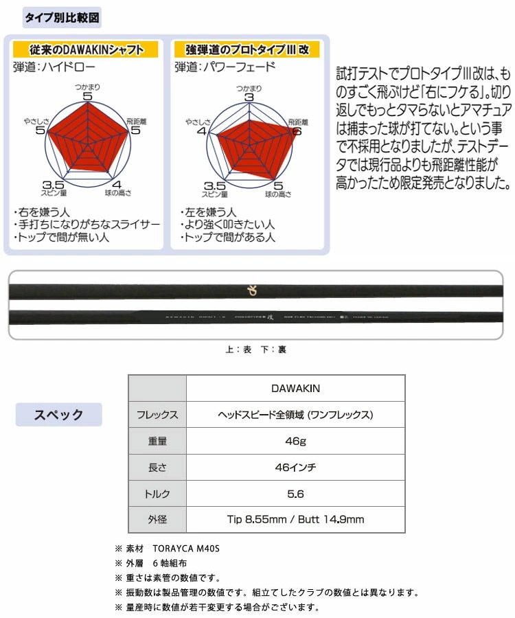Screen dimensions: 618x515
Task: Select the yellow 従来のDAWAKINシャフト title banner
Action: (86, 49)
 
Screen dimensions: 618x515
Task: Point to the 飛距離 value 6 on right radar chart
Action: (297, 131)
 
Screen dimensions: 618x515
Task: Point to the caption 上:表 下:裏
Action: (255, 350)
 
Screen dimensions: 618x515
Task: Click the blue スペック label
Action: (59, 414)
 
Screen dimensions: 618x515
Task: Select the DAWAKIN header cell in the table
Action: (295, 388)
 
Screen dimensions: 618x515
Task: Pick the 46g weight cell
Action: (295, 441)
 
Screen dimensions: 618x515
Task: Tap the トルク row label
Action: (158, 494)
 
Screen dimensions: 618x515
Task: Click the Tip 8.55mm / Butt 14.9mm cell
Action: (295, 520)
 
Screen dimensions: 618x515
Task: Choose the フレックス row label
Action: (158, 415)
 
